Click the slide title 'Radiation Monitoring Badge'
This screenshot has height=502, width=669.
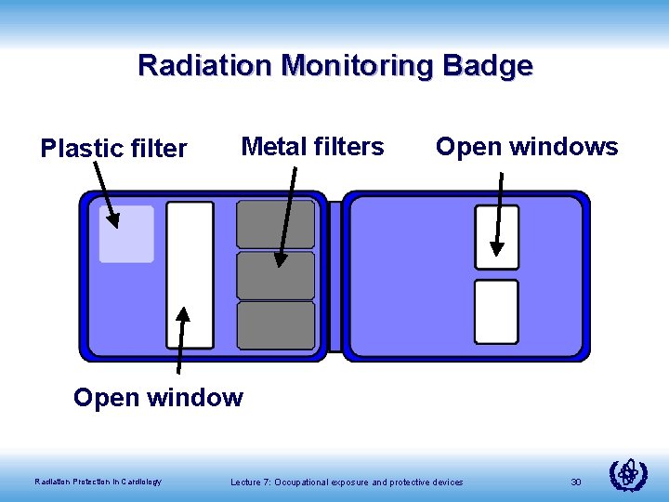[334, 66]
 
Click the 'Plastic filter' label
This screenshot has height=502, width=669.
[113, 148]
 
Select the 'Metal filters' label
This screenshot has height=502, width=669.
[312, 146]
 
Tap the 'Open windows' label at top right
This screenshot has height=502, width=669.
[527, 146]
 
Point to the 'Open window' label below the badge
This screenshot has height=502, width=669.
[158, 398]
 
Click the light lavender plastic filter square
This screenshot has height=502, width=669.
[127, 234]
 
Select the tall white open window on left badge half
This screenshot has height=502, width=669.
[190, 275]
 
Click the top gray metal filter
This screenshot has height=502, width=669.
[276, 224]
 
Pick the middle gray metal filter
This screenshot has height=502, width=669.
[276, 275]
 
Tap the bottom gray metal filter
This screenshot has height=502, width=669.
[276, 324]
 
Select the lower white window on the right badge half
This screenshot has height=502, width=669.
[496, 311]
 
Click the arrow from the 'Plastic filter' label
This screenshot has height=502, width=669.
[104, 196]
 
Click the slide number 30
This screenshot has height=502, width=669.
[576, 482]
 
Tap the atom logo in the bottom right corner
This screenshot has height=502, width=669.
[628, 475]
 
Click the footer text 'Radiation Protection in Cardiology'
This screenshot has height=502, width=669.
[98, 482]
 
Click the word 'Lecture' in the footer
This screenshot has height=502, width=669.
[246, 482]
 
